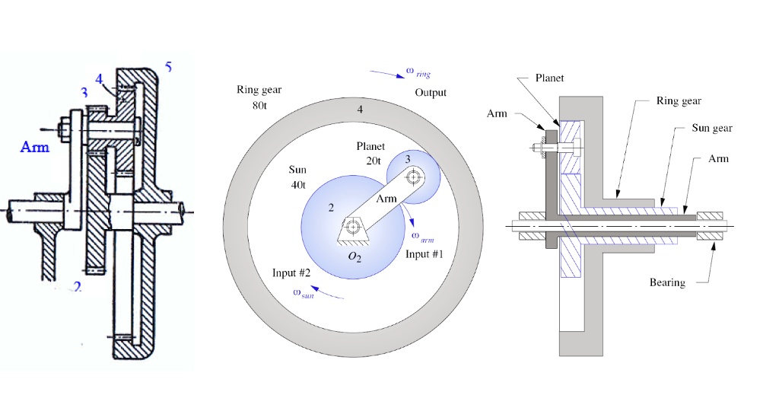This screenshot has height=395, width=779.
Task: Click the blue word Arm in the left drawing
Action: (x=35, y=147)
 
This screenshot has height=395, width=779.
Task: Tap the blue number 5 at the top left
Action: (x=168, y=66)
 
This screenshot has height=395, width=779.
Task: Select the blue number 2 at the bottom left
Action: (x=77, y=287)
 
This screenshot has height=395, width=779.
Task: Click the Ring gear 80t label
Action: (x=259, y=97)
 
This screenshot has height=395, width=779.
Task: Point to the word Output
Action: (x=431, y=93)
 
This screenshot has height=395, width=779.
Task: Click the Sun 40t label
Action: (x=297, y=177)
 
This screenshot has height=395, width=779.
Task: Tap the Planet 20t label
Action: (x=370, y=154)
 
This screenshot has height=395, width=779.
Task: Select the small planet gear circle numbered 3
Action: (x=413, y=177)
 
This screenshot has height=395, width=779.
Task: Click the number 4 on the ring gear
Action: (x=360, y=110)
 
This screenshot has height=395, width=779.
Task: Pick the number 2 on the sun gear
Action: (x=331, y=208)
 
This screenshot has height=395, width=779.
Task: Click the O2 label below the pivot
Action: (x=354, y=257)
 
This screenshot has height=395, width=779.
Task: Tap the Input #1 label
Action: (x=424, y=254)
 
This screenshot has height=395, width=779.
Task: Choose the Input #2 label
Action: (x=291, y=272)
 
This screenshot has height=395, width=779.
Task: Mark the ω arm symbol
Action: (x=423, y=237)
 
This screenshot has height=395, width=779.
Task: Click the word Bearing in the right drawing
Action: (x=667, y=282)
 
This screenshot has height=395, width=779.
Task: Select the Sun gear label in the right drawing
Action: (x=712, y=128)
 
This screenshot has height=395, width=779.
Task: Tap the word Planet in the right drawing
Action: (x=549, y=78)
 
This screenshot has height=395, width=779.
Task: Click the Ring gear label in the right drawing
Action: (x=679, y=101)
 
